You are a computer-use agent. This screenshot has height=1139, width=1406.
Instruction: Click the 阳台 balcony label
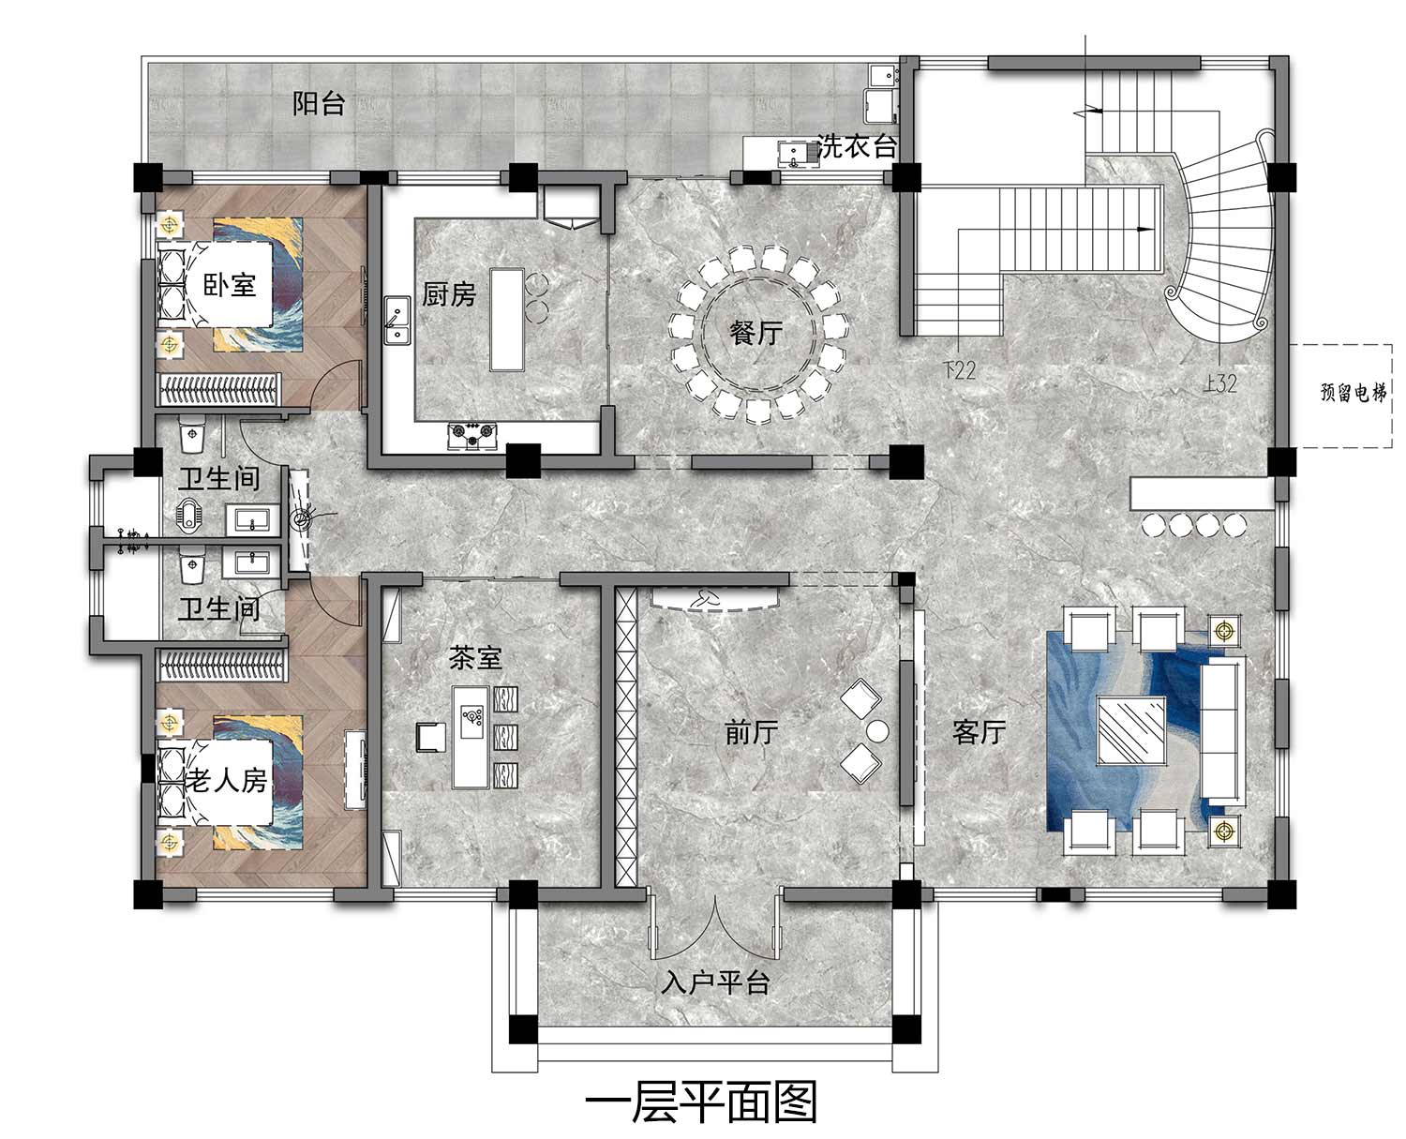point(319,104)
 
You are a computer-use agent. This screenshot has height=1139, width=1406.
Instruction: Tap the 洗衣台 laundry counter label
point(856,146)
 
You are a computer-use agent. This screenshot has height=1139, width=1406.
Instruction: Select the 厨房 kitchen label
point(449,294)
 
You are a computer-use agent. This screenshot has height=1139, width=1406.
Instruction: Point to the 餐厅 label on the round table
point(755,332)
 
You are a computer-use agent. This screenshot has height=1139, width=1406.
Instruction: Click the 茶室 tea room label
point(475,658)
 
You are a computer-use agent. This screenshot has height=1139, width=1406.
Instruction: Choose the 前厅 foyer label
point(751,732)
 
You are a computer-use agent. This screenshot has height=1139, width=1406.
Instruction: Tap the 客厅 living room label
point(979,731)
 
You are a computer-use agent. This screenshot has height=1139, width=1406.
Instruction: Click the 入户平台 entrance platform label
point(715,983)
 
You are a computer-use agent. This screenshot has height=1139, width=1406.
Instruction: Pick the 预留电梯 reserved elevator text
point(1353,393)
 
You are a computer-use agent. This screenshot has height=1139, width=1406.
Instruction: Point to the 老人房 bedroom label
point(226,781)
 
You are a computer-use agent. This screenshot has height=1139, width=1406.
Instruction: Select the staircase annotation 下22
point(959,369)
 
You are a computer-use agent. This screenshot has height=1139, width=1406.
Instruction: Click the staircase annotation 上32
point(1219,383)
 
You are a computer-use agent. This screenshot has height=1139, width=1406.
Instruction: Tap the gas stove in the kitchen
point(472,436)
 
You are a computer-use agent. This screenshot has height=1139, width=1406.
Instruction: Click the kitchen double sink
point(397,321)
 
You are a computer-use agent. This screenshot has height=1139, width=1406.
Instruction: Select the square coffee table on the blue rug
point(1131,729)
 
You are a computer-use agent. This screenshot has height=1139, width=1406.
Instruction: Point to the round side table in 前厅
point(877,731)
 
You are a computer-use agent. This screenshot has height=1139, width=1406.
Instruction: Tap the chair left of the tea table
point(431,737)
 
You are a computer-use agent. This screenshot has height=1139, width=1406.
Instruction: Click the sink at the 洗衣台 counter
point(791,154)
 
